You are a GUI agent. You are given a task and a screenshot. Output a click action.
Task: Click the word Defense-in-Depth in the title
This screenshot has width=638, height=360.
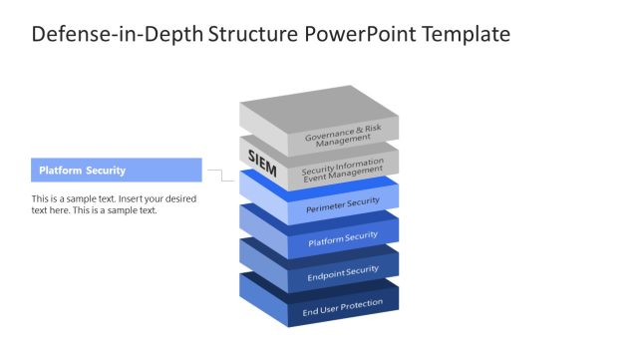118,34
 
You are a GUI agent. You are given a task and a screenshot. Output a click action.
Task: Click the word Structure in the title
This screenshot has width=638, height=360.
248,34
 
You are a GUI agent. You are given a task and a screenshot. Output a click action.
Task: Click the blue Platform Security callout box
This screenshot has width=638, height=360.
116,171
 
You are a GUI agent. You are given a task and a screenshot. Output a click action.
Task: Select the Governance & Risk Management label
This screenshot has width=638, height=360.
342,135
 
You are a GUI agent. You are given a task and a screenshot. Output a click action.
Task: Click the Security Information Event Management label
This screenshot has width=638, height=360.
342,170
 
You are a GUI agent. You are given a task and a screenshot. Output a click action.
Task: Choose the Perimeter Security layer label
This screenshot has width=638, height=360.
342,203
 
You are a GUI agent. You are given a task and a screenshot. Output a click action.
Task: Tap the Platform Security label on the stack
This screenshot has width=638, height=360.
342,237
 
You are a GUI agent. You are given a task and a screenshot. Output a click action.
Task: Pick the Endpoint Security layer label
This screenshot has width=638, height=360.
342,271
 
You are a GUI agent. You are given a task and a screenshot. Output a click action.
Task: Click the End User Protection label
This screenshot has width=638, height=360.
342,305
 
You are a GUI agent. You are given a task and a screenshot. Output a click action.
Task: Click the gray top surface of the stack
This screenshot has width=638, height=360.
317,111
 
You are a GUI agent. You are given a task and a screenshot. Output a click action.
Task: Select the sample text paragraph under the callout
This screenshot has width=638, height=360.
114,204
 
